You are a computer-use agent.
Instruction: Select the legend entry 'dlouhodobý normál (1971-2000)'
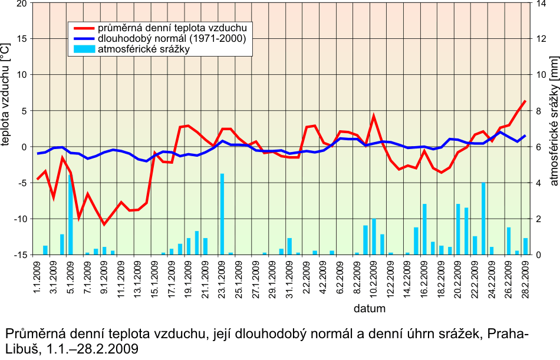[x=171, y=38]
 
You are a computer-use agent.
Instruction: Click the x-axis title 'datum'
[x=370, y=308]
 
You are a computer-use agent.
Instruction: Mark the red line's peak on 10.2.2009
[x=374, y=116]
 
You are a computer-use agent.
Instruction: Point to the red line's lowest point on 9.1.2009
[x=104, y=224]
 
